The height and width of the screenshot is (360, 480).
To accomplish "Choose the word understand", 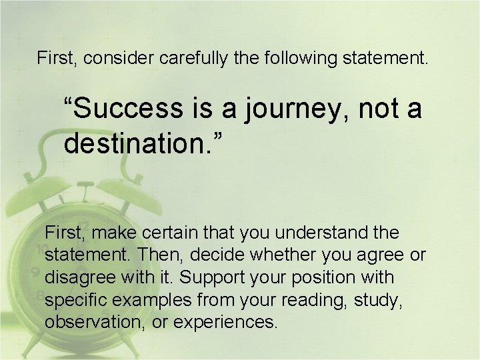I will [x=319, y=233].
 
